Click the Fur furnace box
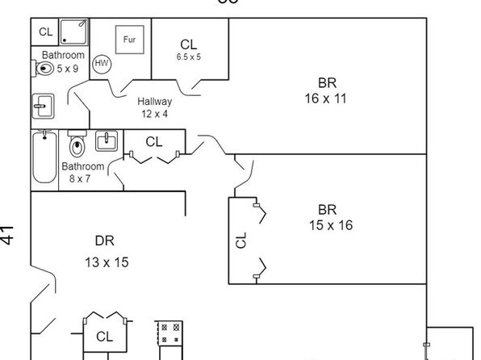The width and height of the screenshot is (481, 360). [129, 40]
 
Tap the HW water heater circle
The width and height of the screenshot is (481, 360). [102, 64]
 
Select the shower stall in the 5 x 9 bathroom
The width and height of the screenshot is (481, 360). [73, 32]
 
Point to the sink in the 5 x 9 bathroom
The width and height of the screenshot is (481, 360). [44, 107]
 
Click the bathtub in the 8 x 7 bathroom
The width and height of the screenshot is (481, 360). [44, 157]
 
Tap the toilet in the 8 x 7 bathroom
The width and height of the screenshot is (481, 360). [77, 144]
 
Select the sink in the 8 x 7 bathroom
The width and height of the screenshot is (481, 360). [107, 141]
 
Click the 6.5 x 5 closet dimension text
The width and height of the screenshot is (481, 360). [189, 57]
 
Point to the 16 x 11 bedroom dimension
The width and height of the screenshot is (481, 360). [325, 98]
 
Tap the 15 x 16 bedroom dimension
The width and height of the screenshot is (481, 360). [331, 225]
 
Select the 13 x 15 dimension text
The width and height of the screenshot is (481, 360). [107, 262]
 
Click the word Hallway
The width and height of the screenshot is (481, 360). [155, 102]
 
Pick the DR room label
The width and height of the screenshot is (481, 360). [105, 241]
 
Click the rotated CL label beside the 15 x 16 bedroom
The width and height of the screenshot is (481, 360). [241, 240]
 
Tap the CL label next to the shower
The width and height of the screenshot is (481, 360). [46, 31]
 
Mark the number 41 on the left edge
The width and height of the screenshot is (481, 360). [7, 236]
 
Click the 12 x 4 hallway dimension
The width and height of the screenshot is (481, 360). [155, 114]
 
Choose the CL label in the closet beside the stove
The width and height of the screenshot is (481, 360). [104, 337]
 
